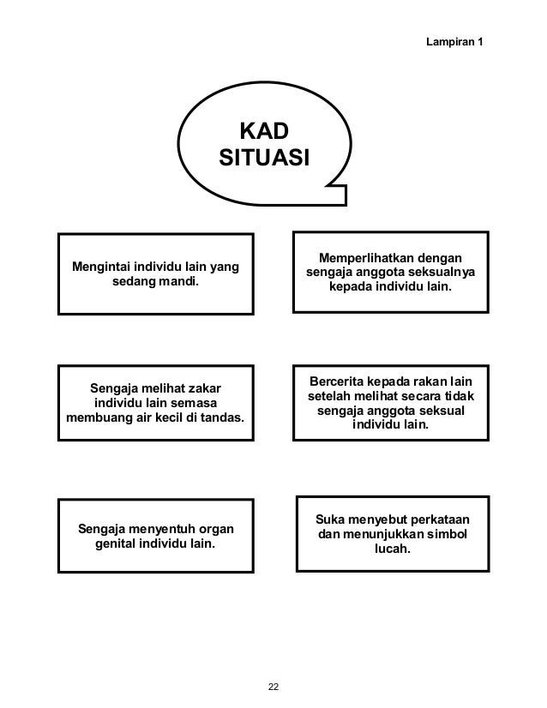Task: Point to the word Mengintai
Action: point(101,267)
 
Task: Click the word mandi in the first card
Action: point(177,282)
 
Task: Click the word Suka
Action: point(330,520)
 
